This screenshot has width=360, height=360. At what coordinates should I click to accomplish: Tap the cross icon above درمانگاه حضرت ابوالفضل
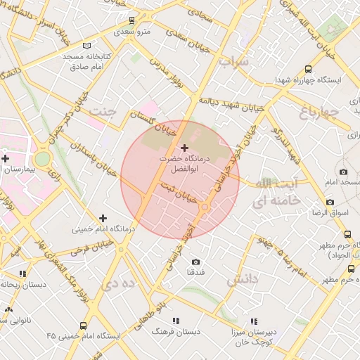[x=185, y=148]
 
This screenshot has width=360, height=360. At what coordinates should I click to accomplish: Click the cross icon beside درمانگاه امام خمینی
[x=103, y=218]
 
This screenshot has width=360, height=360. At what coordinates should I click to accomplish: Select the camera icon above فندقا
[x=195, y=262]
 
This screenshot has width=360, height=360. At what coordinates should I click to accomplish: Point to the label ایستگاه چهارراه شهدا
[x=309, y=79]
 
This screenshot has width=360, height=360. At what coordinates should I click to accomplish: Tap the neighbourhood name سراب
[x=233, y=62]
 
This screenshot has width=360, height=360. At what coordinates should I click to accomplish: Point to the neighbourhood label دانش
[x=243, y=280]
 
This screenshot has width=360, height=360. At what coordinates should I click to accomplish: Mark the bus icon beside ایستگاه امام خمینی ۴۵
[x=84, y=326]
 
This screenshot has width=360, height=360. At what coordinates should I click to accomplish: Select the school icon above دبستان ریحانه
[x=22, y=274]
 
